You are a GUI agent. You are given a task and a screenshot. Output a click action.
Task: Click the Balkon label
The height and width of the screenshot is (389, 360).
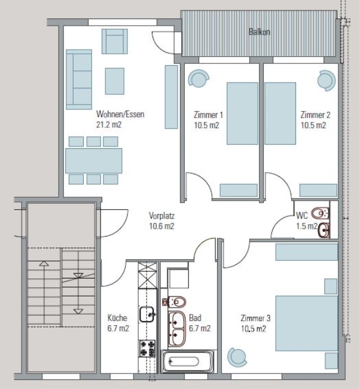click(x=259, y=32)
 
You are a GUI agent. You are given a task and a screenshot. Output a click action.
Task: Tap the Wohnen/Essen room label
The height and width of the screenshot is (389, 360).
click(x=120, y=114)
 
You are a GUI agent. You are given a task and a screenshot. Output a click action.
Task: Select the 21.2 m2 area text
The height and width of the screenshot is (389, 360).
click(x=109, y=124)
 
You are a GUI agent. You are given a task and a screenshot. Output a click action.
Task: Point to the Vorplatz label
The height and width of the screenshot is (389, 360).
click(x=161, y=216)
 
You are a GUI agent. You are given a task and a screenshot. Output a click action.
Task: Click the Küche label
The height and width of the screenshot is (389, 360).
click(x=117, y=318)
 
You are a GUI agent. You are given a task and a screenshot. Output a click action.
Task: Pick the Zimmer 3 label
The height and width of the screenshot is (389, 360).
click(x=255, y=318)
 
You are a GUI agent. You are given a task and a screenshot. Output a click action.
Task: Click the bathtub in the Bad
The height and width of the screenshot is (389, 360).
click(x=187, y=361)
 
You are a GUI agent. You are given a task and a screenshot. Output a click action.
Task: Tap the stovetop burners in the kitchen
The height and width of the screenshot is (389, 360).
click(x=147, y=348)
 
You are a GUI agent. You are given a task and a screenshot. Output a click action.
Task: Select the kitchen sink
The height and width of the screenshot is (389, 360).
click(x=147, y=314)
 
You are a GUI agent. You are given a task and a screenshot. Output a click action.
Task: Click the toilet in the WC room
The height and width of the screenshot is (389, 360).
click(x=321, y=213)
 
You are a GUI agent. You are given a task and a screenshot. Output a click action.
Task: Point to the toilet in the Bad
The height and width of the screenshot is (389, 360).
click(x=175, y=302)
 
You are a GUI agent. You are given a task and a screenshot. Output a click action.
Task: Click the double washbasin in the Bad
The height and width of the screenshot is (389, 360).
click(x=177, y=329)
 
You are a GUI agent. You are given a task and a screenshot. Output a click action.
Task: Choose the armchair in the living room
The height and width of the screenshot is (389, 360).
click(x=115, y=41)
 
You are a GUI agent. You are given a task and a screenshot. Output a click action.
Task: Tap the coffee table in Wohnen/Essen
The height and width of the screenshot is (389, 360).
click(x=115, y=81)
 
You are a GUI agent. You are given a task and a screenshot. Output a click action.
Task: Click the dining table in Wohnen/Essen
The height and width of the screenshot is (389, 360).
click(x=94, y=161)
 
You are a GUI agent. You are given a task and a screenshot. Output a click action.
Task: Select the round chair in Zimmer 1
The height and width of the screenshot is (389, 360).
click(x=199, y=78)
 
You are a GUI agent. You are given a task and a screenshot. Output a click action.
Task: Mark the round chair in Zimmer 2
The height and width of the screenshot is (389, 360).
click(x=327, y=81)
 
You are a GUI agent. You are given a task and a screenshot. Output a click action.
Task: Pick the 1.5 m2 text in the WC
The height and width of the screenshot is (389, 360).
click(x=307, y=226)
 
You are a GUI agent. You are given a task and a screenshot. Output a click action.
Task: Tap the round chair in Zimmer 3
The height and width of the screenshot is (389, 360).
click(x=237, y=357)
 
